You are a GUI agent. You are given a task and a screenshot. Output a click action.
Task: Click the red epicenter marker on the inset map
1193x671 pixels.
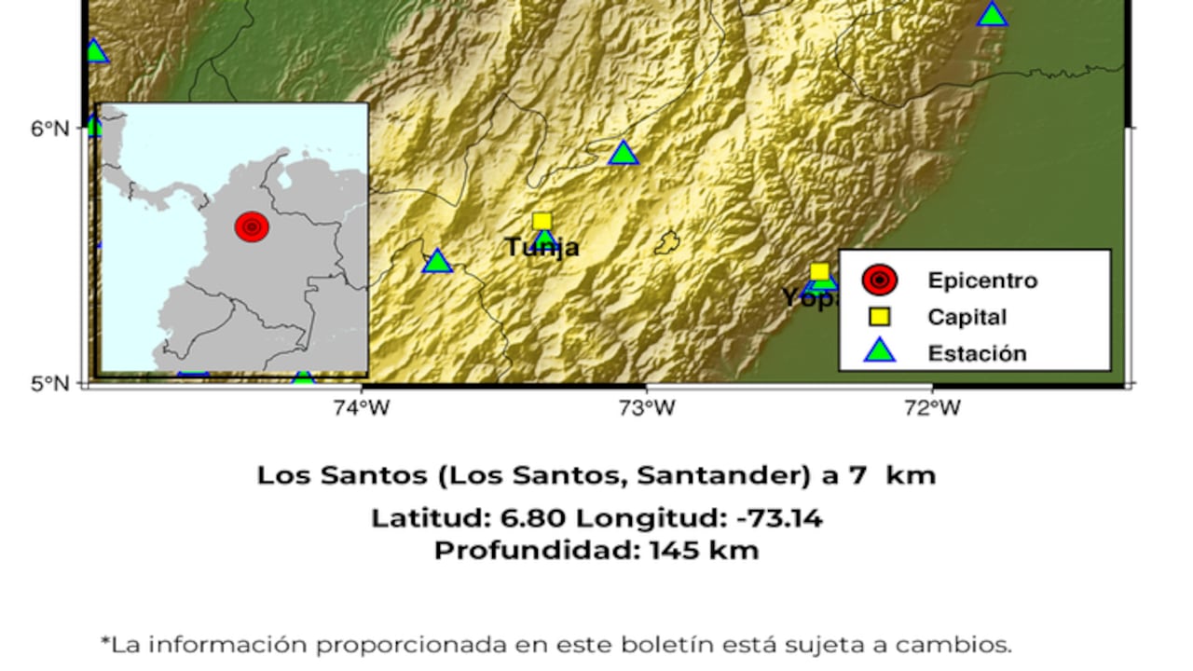tap(252, 226)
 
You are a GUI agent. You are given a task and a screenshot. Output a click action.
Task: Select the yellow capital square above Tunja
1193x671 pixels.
tap(542, 222)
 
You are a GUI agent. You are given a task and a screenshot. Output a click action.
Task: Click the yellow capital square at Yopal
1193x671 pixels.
tap(819, 273)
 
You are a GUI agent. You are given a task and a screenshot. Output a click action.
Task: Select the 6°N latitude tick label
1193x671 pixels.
tap(49, 128)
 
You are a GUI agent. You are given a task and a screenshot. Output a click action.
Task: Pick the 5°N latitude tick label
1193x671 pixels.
tap(49, 383)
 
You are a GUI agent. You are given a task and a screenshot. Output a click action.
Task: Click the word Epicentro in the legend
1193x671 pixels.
tap(981, 281)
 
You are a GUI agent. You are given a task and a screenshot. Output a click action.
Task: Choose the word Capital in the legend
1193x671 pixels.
tap(967, 317)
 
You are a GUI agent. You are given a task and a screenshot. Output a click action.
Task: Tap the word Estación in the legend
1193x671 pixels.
tap(977, 353)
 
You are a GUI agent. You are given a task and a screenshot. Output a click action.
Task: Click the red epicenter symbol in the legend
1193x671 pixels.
tap(879, 280)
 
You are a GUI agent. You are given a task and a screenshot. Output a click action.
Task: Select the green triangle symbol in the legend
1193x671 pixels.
tap(879, 352)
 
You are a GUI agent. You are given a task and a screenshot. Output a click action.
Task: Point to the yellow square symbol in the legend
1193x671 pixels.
tap(879, 317)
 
